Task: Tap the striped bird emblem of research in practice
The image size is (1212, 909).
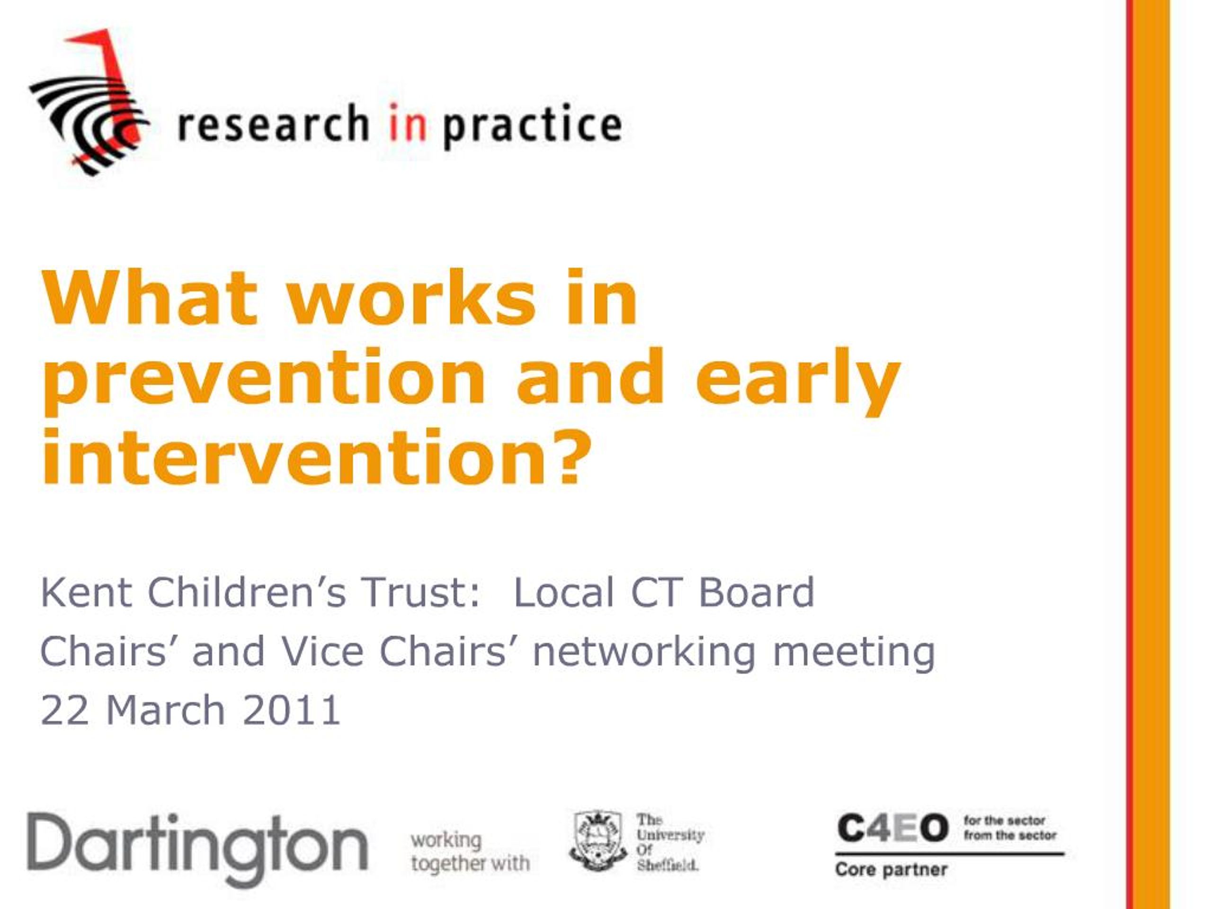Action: click(89, 102)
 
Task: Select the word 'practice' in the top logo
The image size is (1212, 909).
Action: click(532, 125)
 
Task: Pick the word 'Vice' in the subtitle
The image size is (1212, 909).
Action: click(322, 651)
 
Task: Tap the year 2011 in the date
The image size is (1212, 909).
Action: click(292, 711)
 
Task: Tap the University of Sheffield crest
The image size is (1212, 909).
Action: click(597, 840)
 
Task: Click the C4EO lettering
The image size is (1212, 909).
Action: click(892, 828)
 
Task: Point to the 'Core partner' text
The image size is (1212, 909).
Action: click(891, 870)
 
